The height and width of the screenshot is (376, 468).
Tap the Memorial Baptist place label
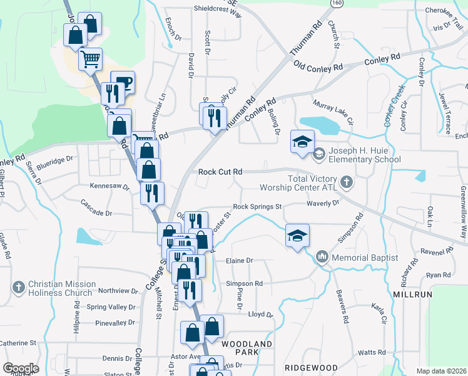pos(365,258)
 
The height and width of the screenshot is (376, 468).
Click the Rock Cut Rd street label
pos(220,172)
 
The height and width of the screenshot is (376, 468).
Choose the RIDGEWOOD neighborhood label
pos(311,367)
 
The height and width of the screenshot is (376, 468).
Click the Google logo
pos(21,368)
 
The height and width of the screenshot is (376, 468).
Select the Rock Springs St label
pos(258,206)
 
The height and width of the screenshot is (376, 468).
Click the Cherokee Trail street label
pos(442,11)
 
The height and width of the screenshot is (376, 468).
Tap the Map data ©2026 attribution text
pos(441,371)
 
